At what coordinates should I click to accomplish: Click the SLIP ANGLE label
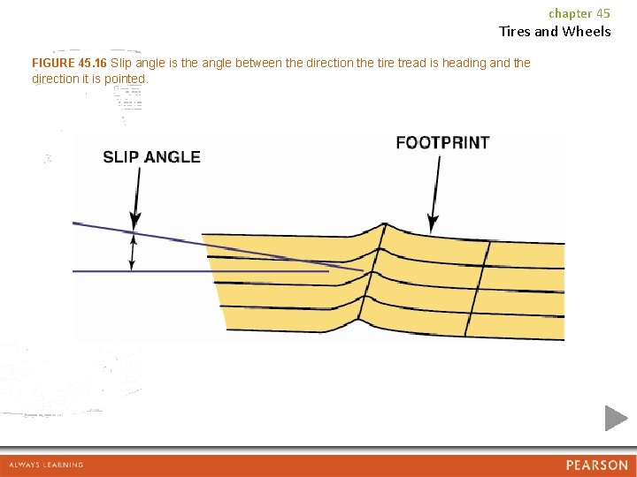(x=151, y=157)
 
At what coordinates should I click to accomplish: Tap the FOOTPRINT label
(x=442, y=142)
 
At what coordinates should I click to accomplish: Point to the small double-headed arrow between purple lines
(x=133, y=252)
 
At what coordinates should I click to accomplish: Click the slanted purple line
(x=221, y=247)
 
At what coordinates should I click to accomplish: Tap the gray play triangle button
(x=615, y=418)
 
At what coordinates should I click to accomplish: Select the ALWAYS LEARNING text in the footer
(x=46, y=465)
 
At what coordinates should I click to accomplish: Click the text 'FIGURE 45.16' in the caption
(x=69, y=64)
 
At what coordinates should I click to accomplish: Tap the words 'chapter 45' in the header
(x=579, y=13)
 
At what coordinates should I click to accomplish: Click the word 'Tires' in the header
(x=515, y=32)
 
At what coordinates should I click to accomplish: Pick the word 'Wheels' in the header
(x=587, y=32)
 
